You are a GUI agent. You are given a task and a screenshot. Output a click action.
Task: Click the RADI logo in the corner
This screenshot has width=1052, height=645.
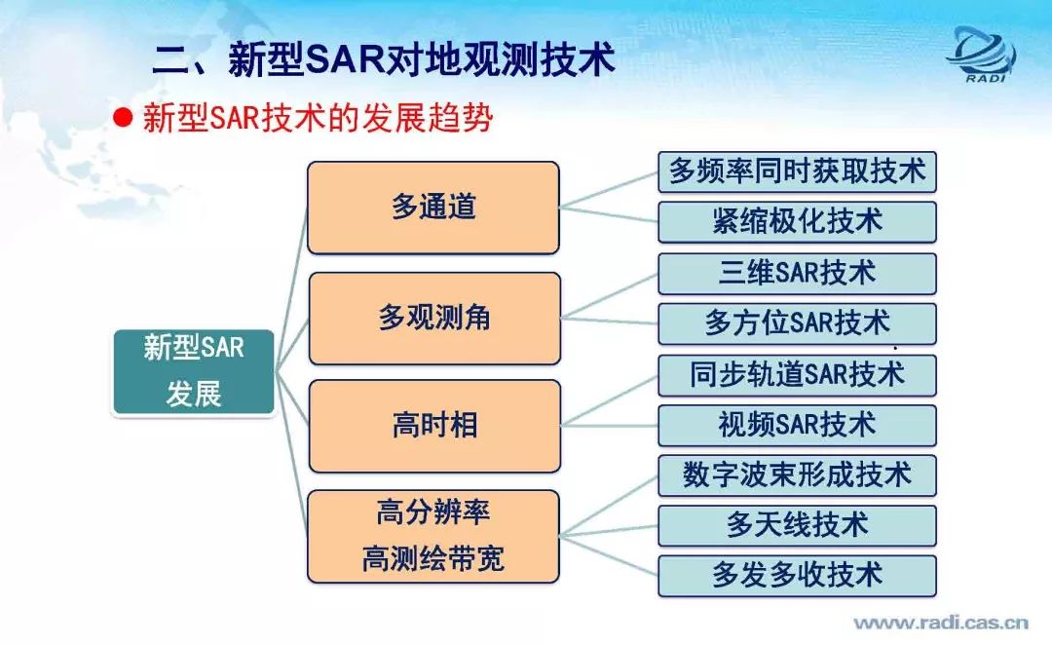(982, 55)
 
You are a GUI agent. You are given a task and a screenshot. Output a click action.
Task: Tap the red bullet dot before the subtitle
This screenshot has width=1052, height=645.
(123, 118)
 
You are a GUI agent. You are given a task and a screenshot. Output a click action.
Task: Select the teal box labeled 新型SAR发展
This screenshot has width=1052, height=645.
(194, 371)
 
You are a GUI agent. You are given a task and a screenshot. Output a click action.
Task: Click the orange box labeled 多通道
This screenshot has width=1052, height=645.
(433, 208)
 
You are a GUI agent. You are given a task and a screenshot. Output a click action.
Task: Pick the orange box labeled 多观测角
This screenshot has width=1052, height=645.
(434, 319)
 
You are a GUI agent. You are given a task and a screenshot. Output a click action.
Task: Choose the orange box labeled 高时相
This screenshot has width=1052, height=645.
(434, 426)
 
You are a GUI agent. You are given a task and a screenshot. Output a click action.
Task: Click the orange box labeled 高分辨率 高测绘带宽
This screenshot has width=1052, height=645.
(433, 536)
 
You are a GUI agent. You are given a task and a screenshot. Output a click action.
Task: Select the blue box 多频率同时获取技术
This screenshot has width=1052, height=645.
(797, 171)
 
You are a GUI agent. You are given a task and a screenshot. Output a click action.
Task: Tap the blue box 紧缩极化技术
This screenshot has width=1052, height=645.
(797, 222)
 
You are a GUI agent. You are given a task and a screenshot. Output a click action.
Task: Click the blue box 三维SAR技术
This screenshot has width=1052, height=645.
(797, 274)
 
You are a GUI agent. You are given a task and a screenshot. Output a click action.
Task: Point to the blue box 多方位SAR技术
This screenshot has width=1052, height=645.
(797, 323)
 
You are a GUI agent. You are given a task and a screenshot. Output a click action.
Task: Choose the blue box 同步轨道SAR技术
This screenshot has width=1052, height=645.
(797, 375)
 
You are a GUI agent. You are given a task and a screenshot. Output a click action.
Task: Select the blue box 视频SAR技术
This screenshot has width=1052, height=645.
(797, 426)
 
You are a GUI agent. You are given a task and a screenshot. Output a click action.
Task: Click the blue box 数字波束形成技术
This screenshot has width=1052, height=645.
(797, 475)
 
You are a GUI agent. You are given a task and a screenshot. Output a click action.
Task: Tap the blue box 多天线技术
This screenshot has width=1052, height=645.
(797, 525)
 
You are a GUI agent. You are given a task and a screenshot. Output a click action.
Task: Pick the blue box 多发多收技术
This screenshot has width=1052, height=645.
(797, 576)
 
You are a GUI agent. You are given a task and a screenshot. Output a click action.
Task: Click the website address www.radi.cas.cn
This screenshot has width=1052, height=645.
(941, 623)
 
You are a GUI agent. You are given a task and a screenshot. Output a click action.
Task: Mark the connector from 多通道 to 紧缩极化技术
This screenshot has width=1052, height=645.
(609, 214)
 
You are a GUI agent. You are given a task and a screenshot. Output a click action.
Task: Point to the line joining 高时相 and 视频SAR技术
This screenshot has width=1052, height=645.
(609, 426)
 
